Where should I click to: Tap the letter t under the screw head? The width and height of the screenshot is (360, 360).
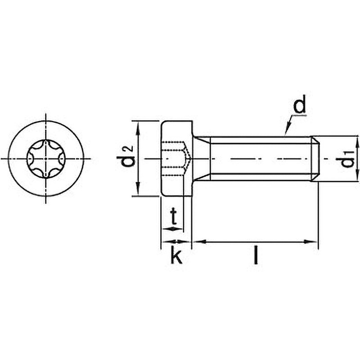(174, 216)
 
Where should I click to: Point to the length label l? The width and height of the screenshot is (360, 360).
(256, 254)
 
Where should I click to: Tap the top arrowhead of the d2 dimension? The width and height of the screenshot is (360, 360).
(138, 128)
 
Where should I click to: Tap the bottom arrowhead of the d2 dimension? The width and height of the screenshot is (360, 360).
(138, 189)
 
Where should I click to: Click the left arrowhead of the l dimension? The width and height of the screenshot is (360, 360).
(199, 242)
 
